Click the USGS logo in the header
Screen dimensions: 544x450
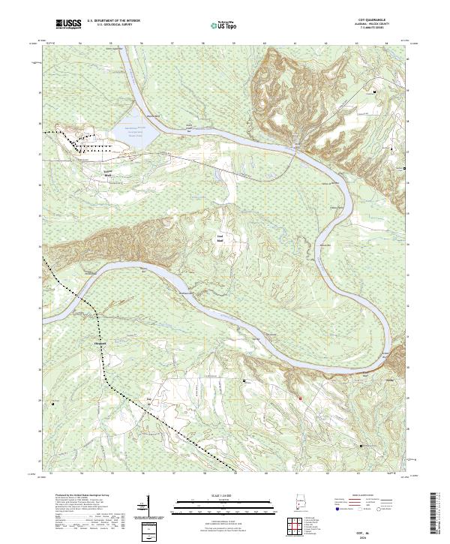(x=69, y=25)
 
